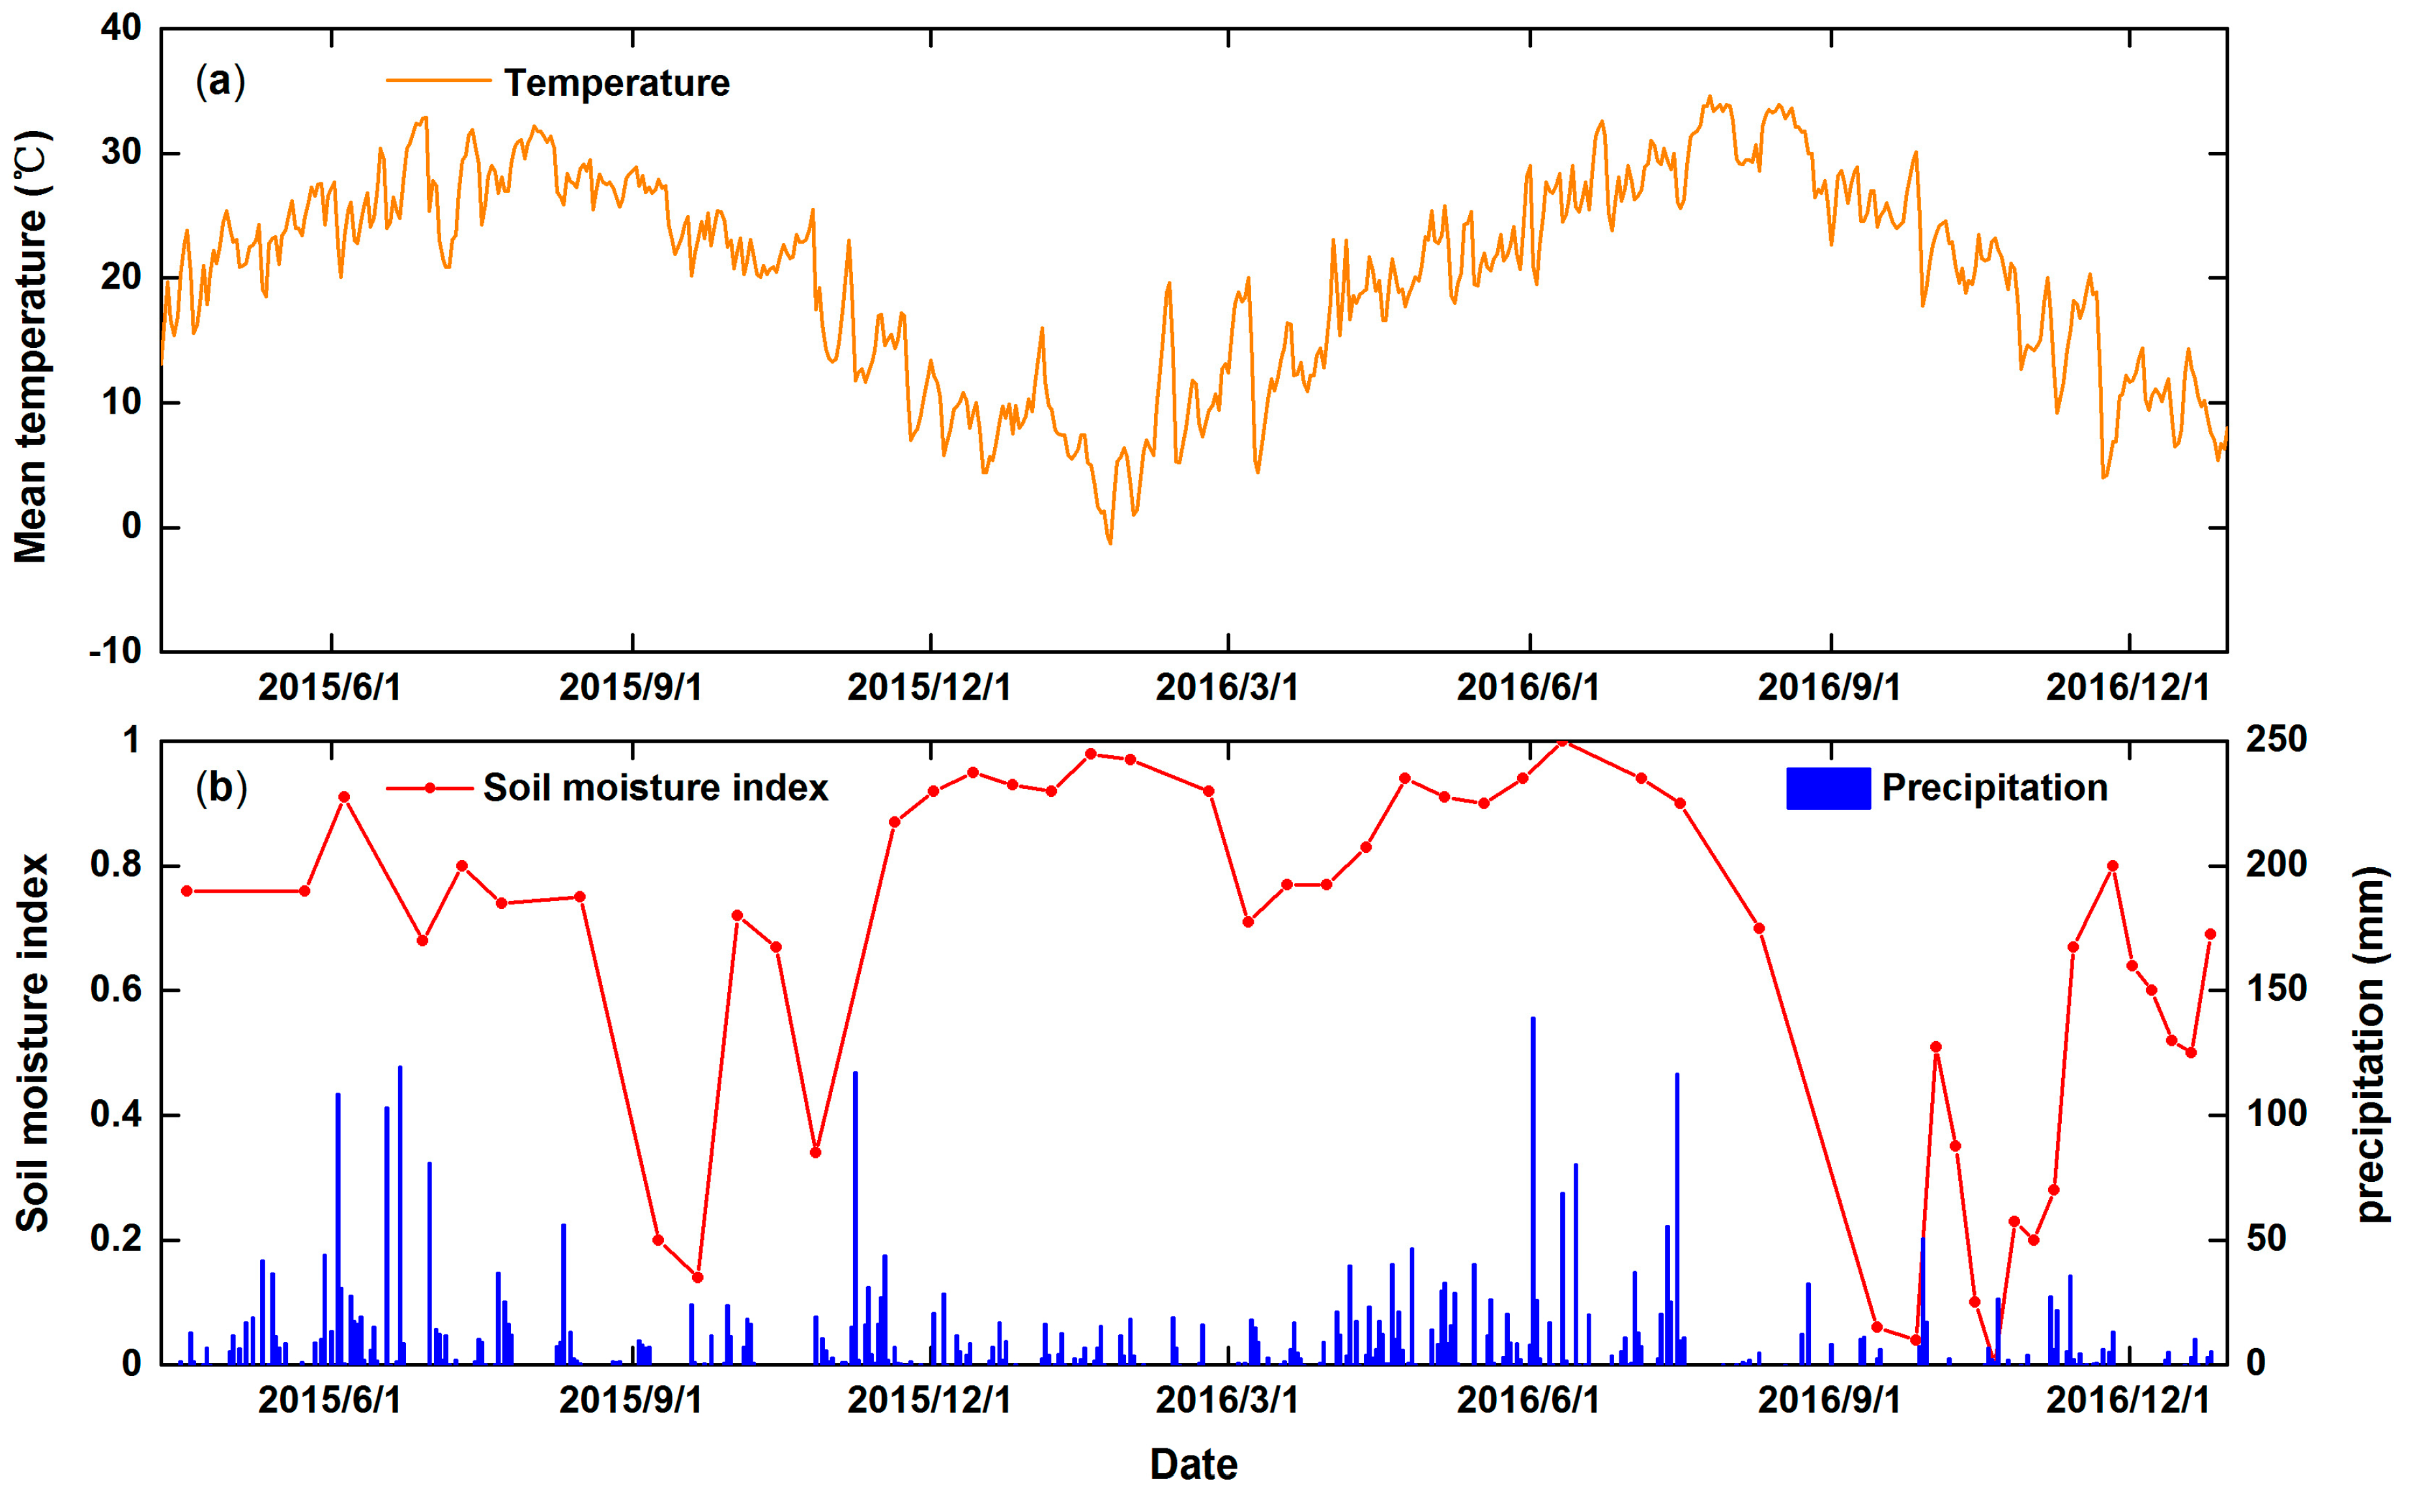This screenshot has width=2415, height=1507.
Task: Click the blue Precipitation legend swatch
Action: [1827, 788]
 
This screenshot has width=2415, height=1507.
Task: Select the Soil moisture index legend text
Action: [655, 788]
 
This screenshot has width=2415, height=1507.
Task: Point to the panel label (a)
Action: [220, 81]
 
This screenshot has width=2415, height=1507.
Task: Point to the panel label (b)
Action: [220, 788]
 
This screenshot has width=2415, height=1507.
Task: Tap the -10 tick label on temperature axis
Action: [115, 652]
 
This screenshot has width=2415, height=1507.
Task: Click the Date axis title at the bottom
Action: [1193, 1464]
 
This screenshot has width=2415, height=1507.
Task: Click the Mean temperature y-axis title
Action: [32, 347]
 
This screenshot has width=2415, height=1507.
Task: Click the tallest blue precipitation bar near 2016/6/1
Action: [1533, 1186]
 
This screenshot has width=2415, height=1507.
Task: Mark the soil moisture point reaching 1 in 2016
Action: [1563, 741]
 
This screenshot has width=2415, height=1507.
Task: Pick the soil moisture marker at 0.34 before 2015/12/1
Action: [815, 1152]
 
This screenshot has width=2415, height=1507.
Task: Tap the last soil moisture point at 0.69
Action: [2210, 934]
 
